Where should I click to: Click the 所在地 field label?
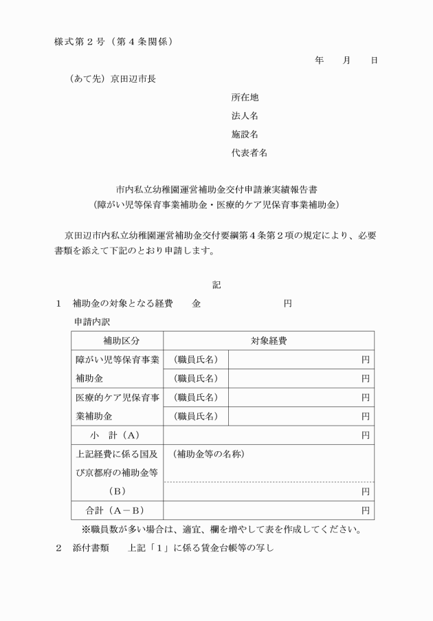pos(245,98)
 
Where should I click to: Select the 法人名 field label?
pos(245,116)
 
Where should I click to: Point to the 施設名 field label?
pos(245,134)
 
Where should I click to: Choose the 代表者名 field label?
pos(249,153)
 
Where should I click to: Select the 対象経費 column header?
pos(269,341)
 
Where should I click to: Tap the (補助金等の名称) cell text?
pos(208,454)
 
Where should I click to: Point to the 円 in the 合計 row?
pos(366,510)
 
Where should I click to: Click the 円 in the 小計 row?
pos(366,435)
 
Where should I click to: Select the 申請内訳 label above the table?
pos(91,321)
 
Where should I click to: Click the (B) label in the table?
pos(117,492)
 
